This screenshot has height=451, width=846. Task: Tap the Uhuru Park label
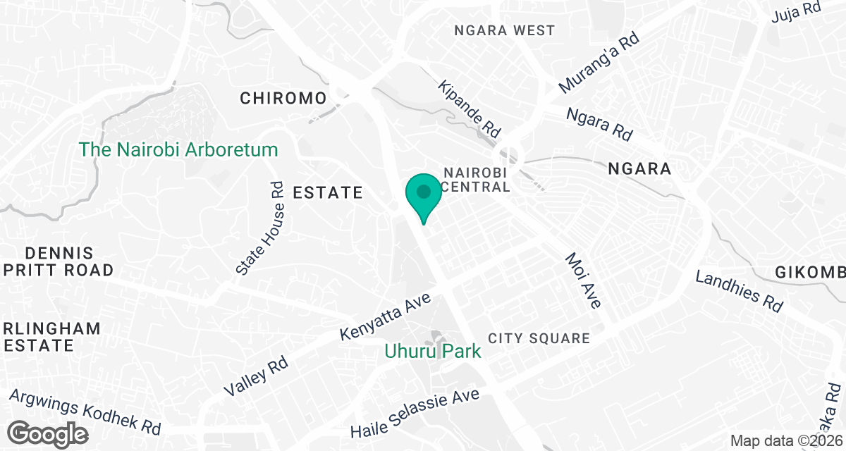click(x=433, y=351)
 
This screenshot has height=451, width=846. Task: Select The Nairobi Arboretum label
click(x=178, y=149)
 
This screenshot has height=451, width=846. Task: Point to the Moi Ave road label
click(x=583, y=280)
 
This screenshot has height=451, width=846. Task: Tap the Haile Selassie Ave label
click(x=415, y=414)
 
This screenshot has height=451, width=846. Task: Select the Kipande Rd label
click(x=469, y=109)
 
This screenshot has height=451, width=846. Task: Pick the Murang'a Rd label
click(x=599, y=63)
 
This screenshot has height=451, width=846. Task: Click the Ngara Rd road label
click(x=599, y=124)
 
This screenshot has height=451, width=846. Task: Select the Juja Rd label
click(x=797, y=9)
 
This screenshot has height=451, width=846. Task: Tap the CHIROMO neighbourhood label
click(x=283, y=98)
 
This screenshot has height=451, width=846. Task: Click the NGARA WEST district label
click(x=505, y=31)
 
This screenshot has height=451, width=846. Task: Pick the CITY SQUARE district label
click(x=539, y=339)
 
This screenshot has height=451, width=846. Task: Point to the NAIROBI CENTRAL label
click(x=477, y=180)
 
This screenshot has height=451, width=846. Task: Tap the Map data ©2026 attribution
click(x=786, y=441)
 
